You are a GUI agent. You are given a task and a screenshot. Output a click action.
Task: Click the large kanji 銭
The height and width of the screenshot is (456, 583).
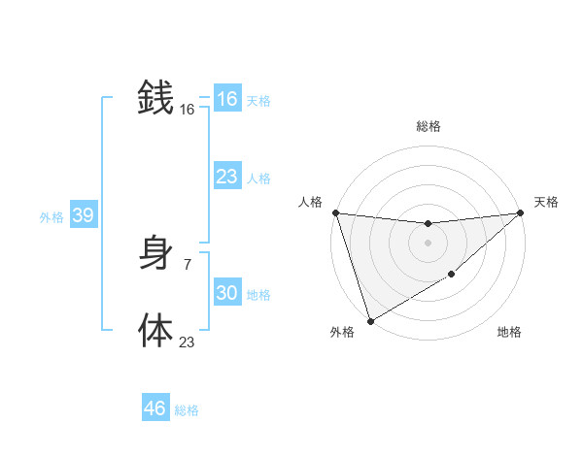155,98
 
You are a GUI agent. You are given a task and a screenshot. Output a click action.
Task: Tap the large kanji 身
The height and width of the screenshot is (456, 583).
155,254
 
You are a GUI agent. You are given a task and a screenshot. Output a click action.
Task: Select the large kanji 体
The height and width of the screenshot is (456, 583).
155,330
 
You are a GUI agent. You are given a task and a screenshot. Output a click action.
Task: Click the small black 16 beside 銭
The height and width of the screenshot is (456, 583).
187,111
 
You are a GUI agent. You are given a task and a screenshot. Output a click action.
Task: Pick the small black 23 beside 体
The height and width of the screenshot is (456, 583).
187,342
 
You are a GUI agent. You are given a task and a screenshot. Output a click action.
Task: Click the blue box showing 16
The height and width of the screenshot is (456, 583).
226,99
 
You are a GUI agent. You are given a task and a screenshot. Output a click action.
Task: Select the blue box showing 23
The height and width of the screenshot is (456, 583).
226,177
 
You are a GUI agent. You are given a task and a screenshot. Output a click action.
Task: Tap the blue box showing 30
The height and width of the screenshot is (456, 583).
226,293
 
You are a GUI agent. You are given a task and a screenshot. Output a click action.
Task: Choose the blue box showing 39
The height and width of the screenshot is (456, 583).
83,215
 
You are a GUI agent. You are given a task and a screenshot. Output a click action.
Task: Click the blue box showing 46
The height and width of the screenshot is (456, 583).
155,408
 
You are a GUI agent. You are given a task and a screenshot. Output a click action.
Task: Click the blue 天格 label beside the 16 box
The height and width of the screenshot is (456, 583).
258,101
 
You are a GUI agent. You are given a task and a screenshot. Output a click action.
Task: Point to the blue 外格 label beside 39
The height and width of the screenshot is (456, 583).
51,217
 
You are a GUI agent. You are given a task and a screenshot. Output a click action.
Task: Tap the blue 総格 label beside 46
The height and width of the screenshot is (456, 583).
187,410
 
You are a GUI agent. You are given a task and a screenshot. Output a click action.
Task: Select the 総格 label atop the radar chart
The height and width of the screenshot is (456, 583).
428,126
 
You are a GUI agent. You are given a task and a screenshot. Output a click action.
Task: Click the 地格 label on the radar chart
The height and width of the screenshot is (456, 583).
509,333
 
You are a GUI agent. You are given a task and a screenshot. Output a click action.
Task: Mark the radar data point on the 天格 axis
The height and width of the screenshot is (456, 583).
520,212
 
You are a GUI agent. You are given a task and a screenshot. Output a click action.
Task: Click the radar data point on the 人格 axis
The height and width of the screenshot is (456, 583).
335,212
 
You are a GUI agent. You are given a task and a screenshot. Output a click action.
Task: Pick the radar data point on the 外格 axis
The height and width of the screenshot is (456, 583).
370,321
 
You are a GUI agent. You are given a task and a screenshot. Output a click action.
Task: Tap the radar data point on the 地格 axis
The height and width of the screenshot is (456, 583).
452,276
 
